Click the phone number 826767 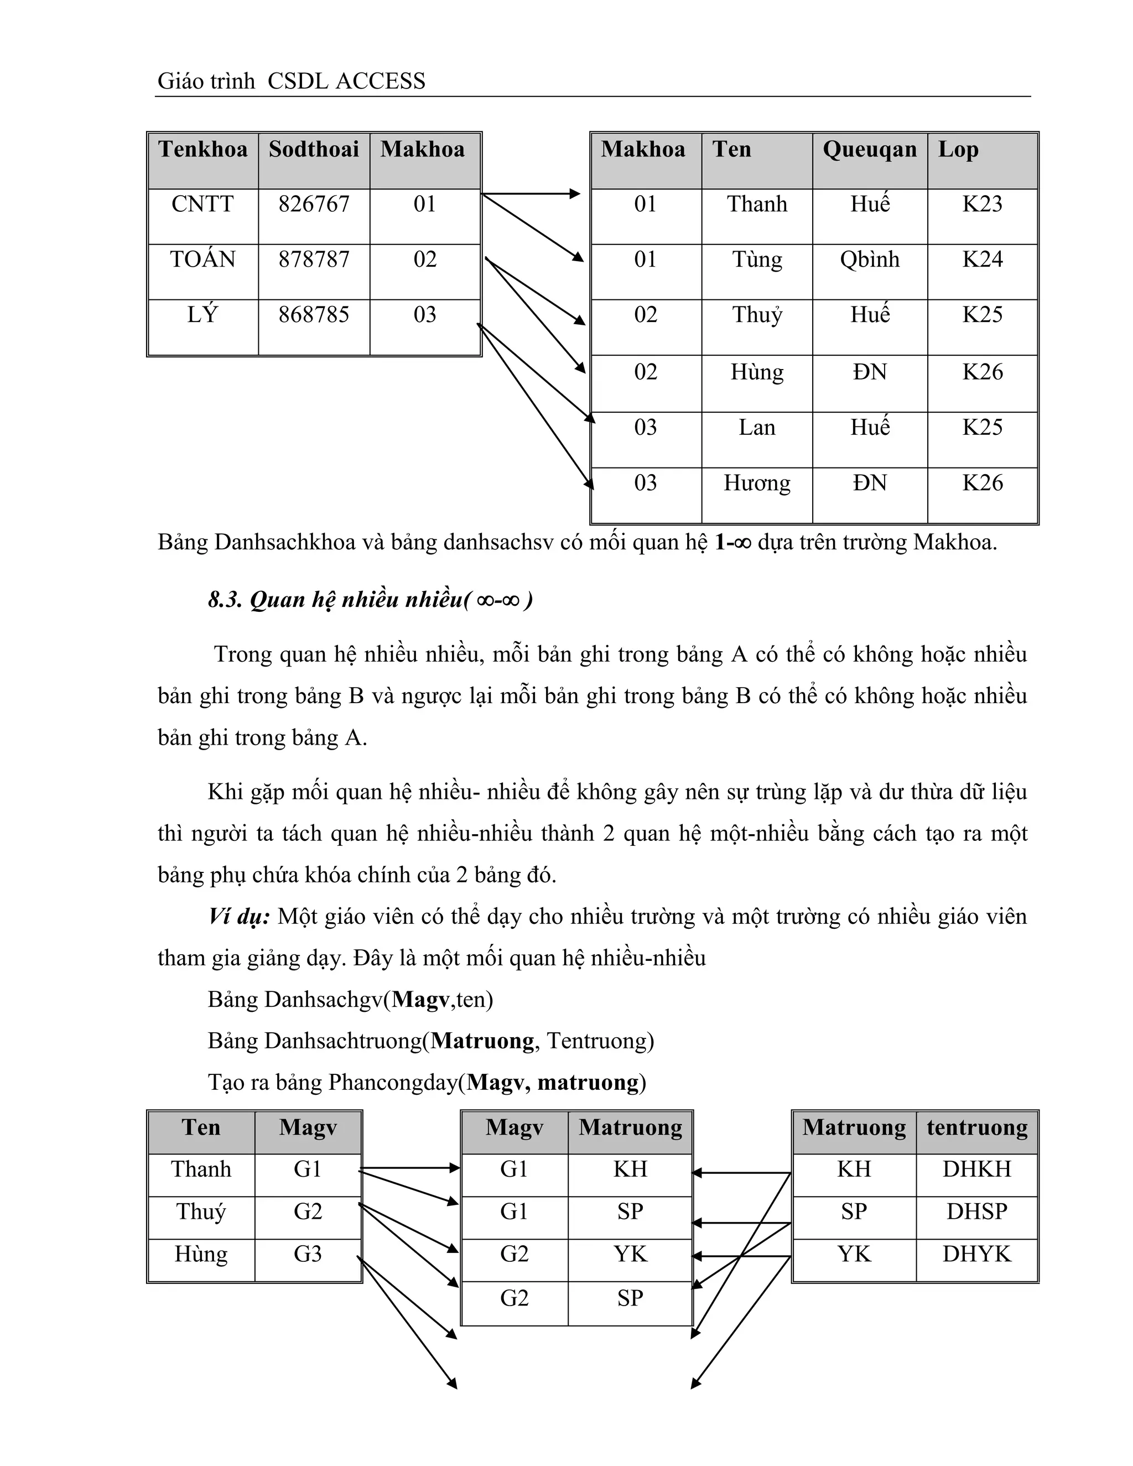click(x=314, y=204)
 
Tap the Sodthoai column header click(x=314, y=149)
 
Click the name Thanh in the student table click(x=757, y=204)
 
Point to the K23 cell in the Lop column click(x=982, y=204)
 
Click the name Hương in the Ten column click(x=757, y=484)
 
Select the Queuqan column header click(x=869, y=149)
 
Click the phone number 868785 click(x=314, y=315)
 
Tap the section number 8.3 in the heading click(x=225, y=600)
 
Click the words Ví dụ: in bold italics click(x=239, y=916)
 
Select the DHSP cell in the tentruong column click(x=976, y=1212)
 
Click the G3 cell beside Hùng click(x=308, y=1254)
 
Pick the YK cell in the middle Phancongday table click(x=630, y=1254)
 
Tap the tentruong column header click(x=976, y=1127)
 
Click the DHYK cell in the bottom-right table click(x=976, y=1254)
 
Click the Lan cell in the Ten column click(x=757, y=428)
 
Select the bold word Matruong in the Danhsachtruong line click(x=482, y=1041)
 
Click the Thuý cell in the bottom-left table click(x=201, y=1212)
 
